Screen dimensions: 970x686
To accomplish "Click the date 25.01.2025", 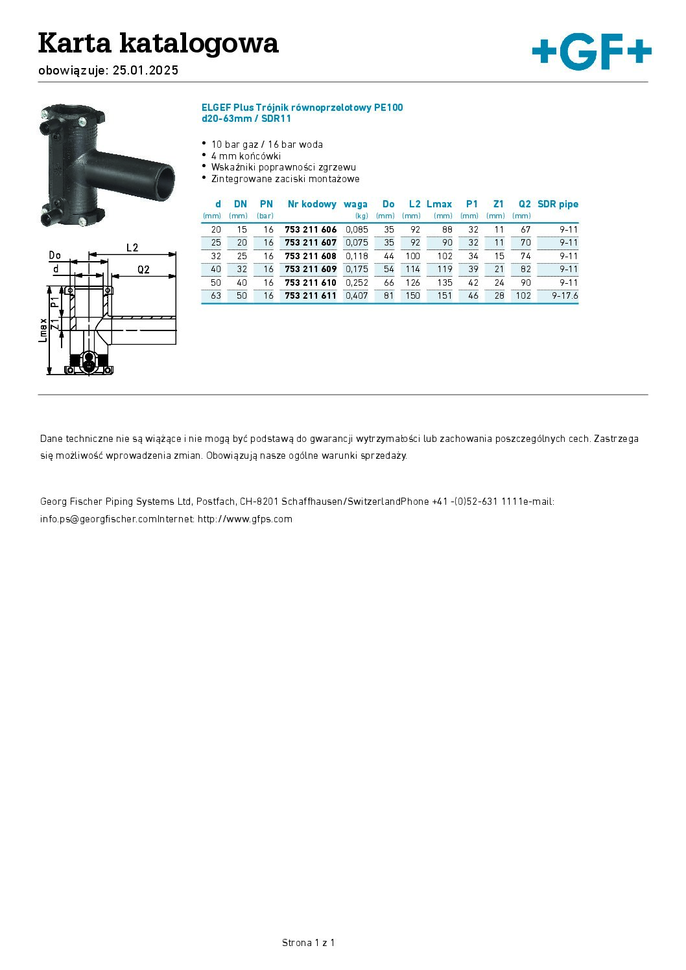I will [145, 71].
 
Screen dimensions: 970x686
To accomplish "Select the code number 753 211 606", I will [311, 229].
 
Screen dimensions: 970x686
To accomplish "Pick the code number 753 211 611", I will [311, 295].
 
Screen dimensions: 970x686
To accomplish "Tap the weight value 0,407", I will [357, 295].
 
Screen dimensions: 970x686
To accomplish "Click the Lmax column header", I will [439, 204].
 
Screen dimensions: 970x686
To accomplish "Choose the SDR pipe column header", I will [558, 204].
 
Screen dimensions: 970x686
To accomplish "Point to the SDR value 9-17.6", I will [565, 295].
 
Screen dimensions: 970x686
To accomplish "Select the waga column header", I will [355, 204].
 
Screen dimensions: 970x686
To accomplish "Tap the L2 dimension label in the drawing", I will [132, 248].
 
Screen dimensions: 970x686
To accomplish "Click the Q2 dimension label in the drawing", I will [143, 270].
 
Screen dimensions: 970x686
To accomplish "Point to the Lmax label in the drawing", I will [43, 330].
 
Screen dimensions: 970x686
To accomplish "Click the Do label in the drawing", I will [55, 255].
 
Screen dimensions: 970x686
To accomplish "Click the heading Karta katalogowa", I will [158, 43].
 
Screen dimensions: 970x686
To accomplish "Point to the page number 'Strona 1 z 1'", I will [308, 943].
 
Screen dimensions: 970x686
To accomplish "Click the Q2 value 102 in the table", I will [523, 295].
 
